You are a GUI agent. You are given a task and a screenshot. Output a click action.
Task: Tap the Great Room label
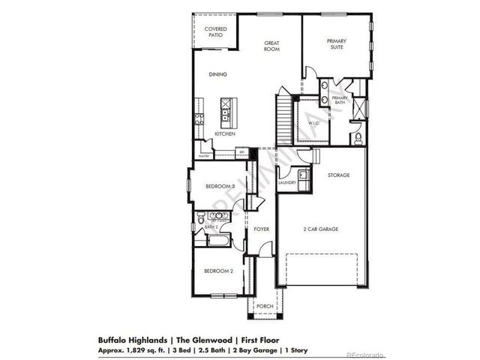coord(271,46)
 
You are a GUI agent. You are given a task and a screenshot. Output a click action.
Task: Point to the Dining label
coord(218,74)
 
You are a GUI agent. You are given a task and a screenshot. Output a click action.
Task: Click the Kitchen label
coord(225,133)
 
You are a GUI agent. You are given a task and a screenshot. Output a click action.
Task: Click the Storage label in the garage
coord(338,175)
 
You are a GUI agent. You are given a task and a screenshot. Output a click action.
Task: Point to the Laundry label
coord(286,182)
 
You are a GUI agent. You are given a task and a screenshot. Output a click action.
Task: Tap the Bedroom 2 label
coord(211,271)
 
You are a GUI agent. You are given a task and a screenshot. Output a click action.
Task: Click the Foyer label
coord(262,228)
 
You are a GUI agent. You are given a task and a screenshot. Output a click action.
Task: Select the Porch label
coord(265,306)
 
